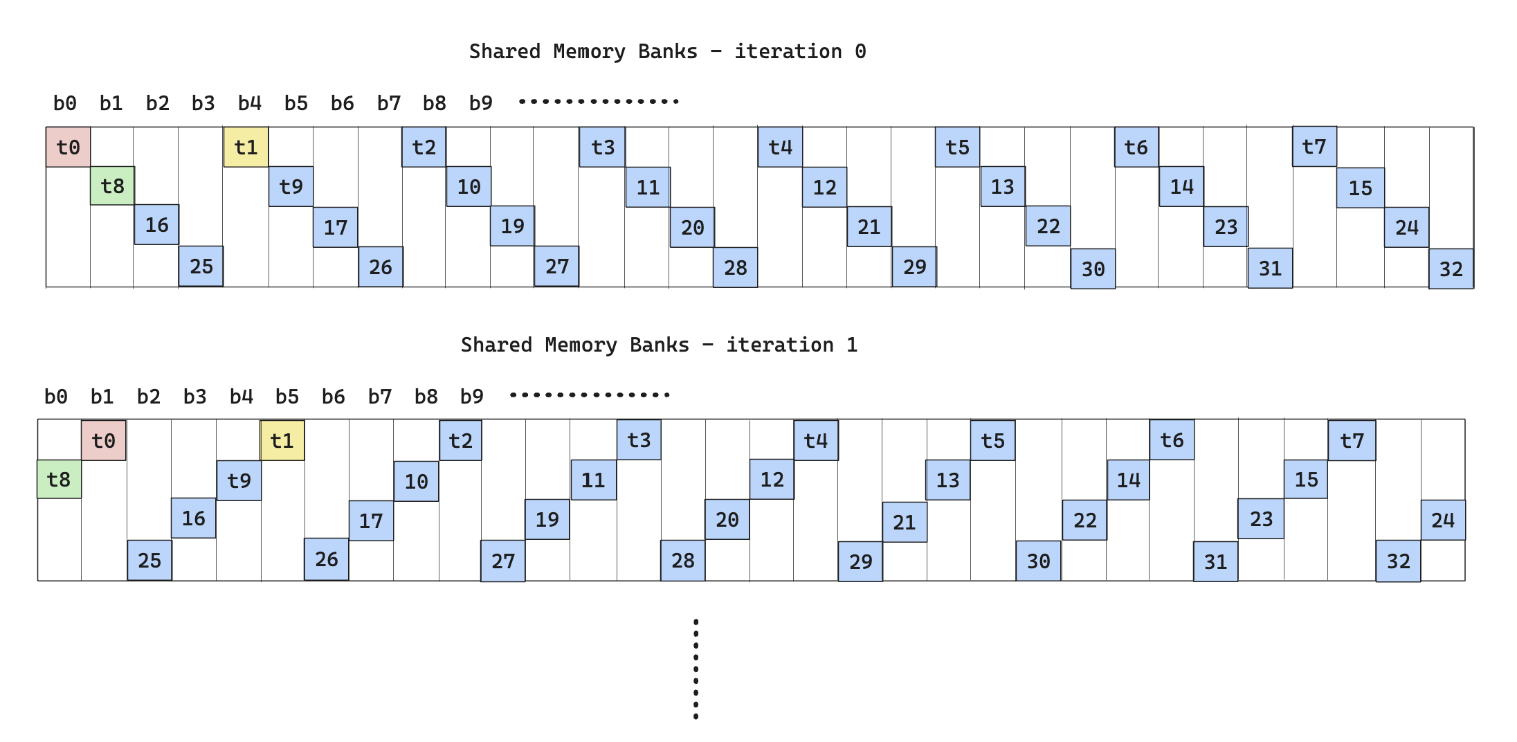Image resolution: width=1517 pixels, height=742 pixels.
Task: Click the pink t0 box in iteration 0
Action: coord(68,147)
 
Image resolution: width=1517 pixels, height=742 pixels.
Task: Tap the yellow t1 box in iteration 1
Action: coord(282,440)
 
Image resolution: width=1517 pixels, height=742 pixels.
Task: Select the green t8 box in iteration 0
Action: coord(112,185)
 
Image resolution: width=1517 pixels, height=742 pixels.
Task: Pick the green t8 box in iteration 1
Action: coord(59,479)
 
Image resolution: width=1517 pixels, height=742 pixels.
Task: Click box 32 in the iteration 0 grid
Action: coord(1451,269)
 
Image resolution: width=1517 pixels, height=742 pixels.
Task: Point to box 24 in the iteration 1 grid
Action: coord(1443,520)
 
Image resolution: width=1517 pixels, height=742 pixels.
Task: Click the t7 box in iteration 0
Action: coord(1314,147)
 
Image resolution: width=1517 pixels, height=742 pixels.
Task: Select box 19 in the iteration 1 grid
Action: coord(547,519)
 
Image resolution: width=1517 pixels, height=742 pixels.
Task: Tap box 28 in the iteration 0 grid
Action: coord(735,267)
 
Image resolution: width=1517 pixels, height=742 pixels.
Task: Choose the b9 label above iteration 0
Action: coord(480,103)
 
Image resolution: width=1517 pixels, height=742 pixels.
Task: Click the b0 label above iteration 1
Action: coord(55,397)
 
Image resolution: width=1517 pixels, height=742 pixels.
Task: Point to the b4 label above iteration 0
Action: coord(249,103)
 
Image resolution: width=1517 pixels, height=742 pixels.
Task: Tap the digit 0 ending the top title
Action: coord(860,51)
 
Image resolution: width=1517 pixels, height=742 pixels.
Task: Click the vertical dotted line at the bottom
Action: coord(696,669)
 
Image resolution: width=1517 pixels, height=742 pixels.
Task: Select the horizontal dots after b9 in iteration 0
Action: coord(599,102)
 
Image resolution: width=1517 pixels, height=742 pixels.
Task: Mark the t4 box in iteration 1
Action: coord(816,440)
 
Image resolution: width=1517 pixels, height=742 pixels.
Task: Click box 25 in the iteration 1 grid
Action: coord(149,560)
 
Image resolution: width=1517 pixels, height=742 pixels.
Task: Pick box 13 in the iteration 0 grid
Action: coord(1002,186)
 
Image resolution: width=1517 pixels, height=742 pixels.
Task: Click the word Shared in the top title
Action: coord(505,51)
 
